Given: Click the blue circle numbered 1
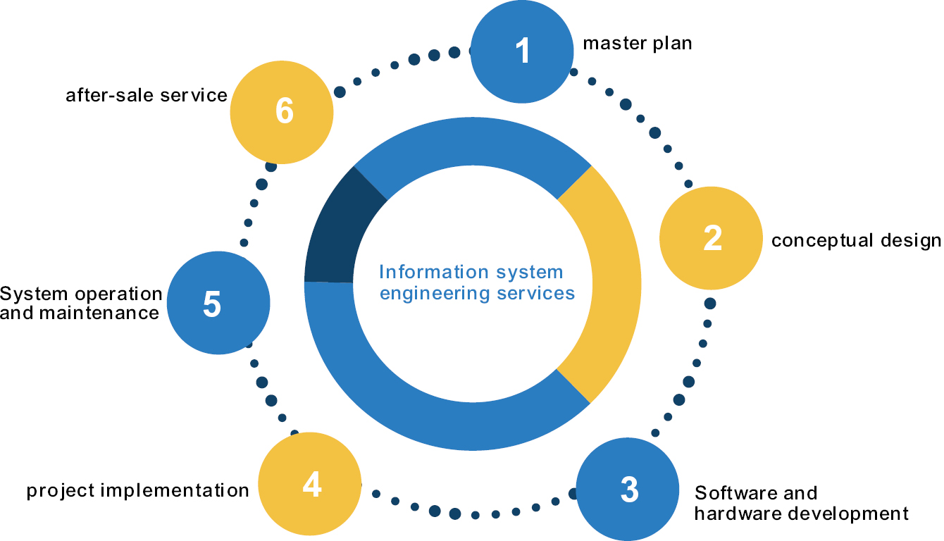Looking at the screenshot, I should pos(522,51).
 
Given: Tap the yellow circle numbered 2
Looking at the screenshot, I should pos(712,238).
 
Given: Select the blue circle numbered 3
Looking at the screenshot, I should pos(628,488).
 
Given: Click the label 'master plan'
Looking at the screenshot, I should pos(638,44).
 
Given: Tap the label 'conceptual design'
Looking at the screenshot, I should pos(856,241).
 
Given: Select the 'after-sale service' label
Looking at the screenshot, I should pos(147,95).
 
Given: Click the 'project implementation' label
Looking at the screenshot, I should pos(138,490).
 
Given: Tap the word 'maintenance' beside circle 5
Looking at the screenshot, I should pos(99,313).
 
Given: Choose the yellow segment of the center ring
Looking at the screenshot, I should pos(606,282).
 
